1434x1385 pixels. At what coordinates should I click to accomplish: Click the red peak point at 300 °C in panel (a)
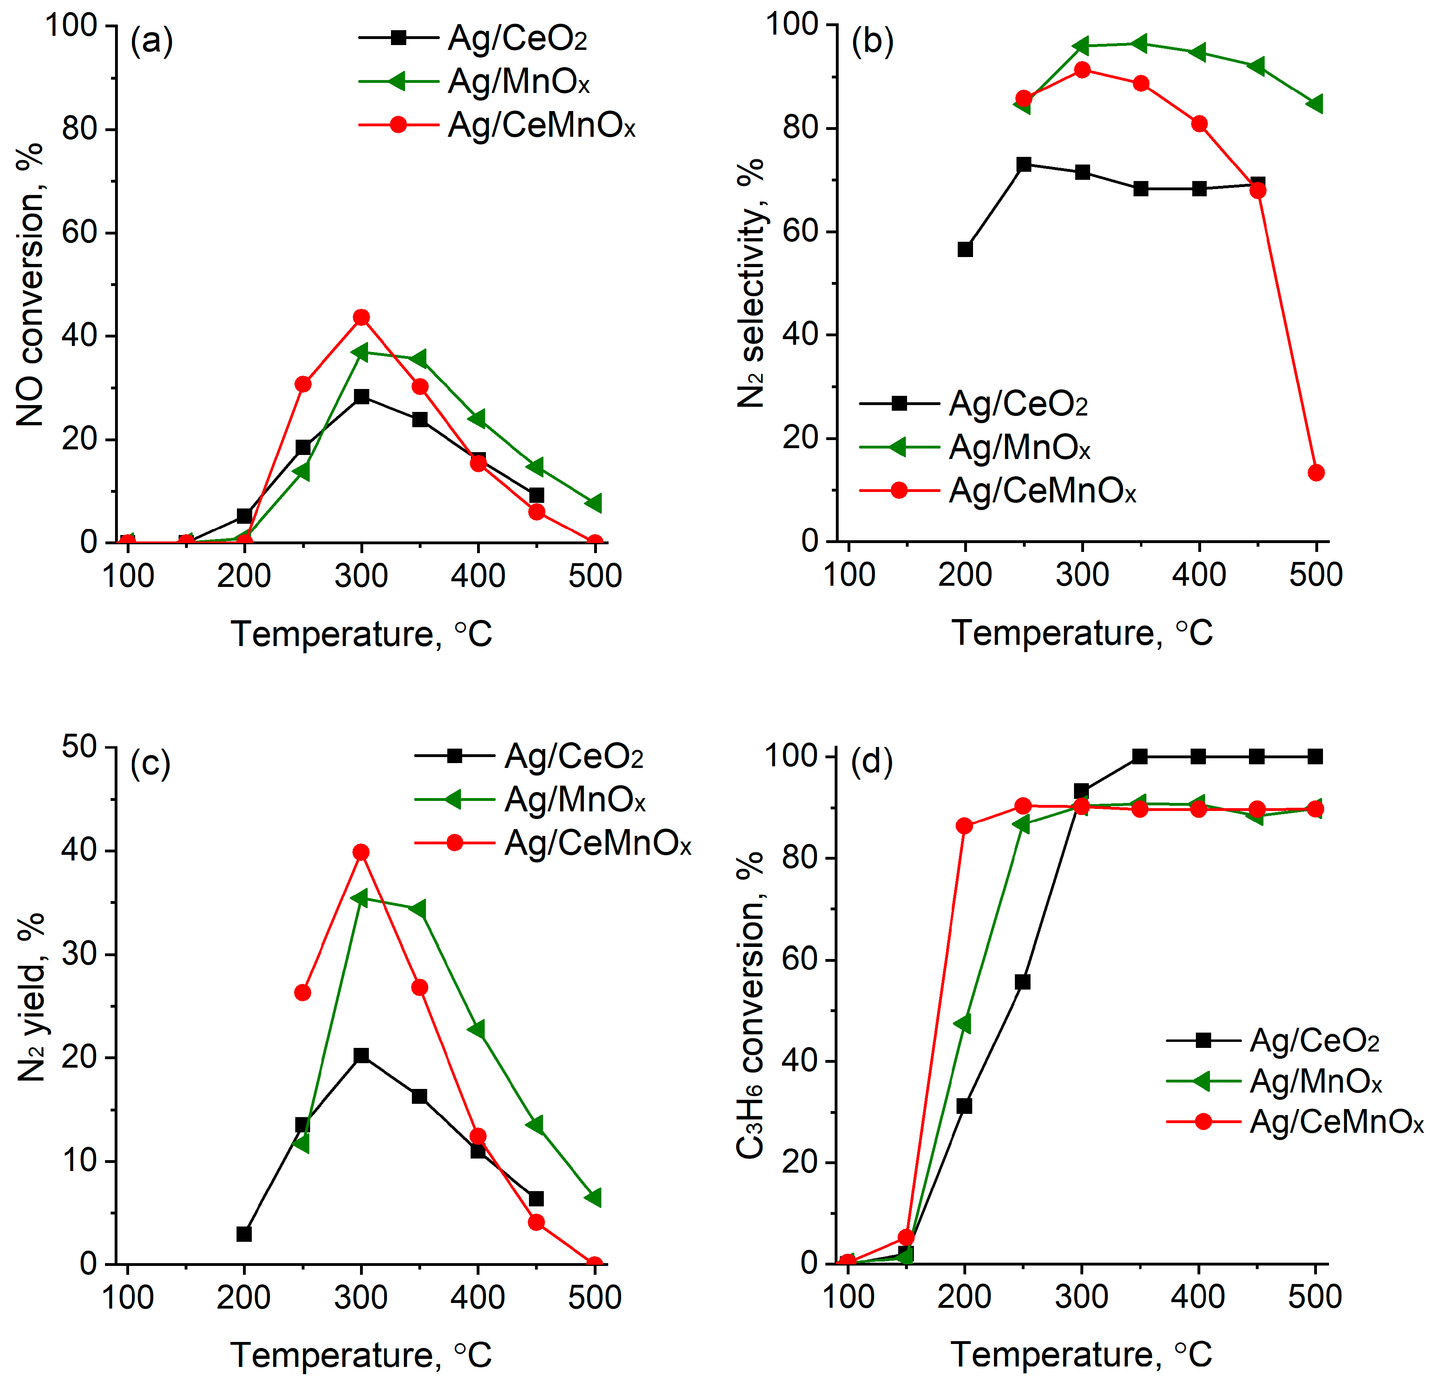pos(362,317)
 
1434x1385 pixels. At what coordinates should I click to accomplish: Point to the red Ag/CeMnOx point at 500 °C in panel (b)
pos(1316,473)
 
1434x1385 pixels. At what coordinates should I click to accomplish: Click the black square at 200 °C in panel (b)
pos(965,249)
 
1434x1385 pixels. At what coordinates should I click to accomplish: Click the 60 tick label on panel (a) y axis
pos(79,233)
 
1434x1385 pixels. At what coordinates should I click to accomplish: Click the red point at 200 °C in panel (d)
pos(964,826)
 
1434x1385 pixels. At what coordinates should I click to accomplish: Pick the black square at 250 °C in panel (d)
pos(1023,982)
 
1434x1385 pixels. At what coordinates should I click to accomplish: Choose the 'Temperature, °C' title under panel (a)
pos(362,634)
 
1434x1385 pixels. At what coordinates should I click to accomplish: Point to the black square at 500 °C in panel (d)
pos(1315,757)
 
